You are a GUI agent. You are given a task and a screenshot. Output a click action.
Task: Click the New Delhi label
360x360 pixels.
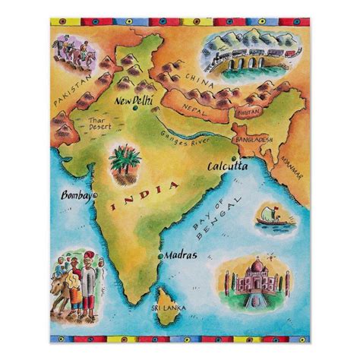click(133, 99)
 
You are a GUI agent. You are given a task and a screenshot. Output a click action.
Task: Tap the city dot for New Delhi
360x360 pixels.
click(135, 109)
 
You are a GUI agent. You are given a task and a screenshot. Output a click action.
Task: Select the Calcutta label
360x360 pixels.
click(228, 166)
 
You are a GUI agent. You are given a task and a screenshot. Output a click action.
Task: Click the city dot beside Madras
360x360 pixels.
click(160, 256)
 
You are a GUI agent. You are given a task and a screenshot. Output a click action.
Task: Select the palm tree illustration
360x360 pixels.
click(125, 162)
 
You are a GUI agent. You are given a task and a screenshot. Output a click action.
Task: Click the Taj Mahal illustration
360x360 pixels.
click(254, 276)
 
